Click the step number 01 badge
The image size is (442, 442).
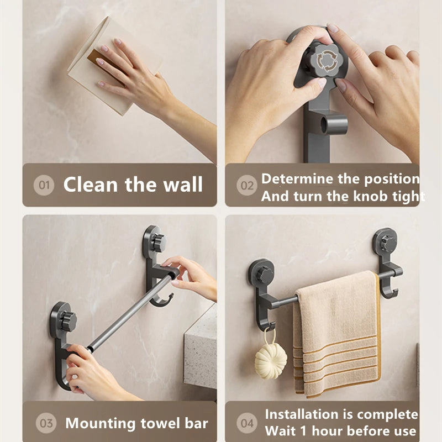44,185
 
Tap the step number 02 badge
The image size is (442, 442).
247,186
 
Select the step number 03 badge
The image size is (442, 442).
46,424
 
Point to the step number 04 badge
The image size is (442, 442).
247,424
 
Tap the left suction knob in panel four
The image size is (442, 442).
263,273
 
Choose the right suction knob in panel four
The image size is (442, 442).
385,241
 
